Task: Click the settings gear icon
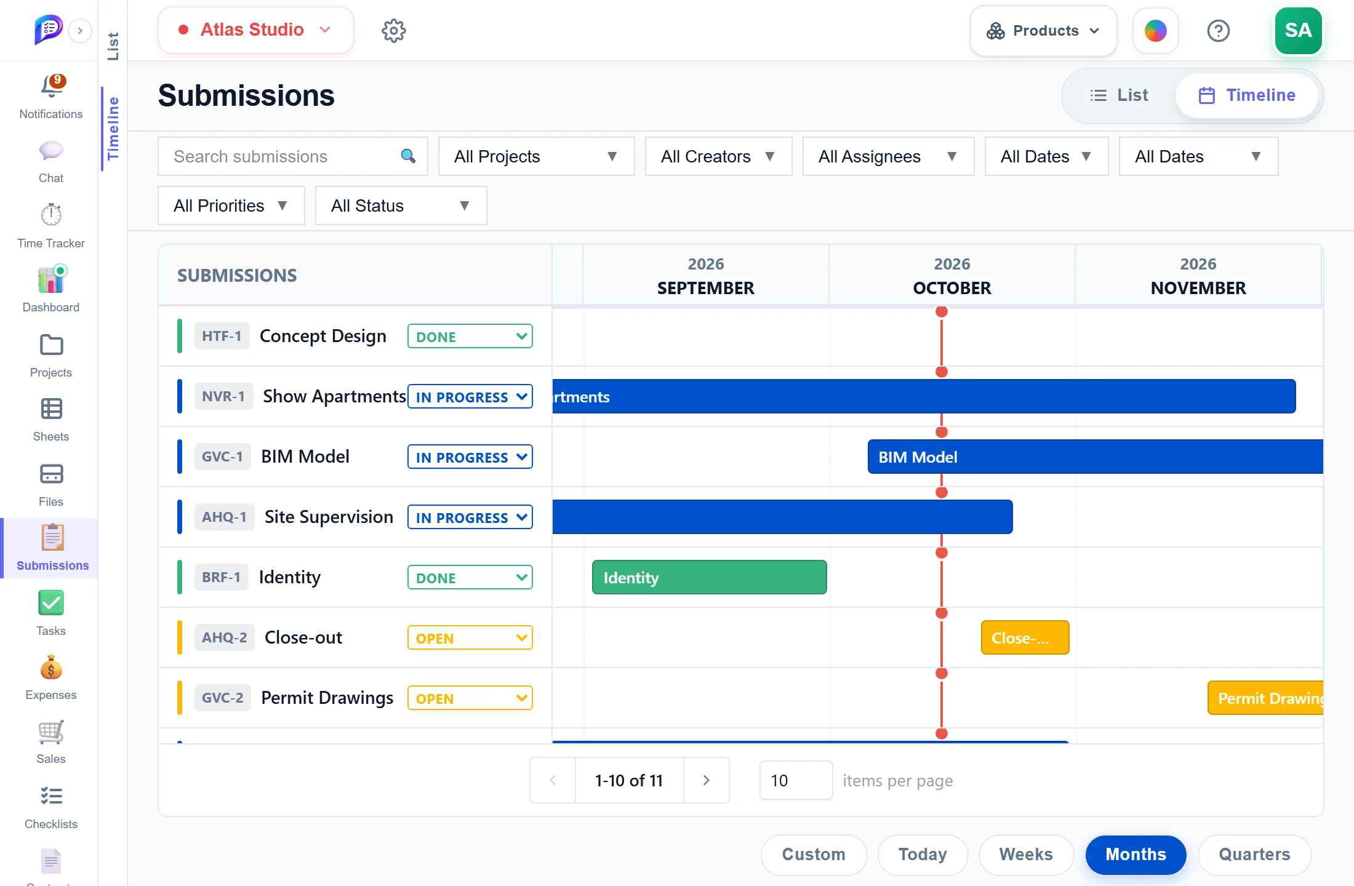pyautogui.click(x=394, y=30)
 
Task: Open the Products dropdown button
pyautogui.click(x=1043, y=31)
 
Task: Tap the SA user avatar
pyautogui.click(x=1298, y=30)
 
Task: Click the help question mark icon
pyautogui.click(x=1218, y=31)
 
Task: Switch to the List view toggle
pyautogui.click(x=1120, y=95)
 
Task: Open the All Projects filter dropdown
pyautogui.click(x=536, y=156)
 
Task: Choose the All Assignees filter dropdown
pyautogui.click(x=888, y=156)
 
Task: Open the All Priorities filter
pyautogui.click(x=231, y=206)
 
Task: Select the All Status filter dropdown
pyautogui.click(x=401, y=206)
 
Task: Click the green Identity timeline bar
pyautogui.click(x=709, y=577)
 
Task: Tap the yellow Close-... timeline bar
pyautogui.click(x=1025, y=637)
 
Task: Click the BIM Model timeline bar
pyautogui.click(x=1095, y=457)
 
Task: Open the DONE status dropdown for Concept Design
pyautogui.click(x=470, y=337)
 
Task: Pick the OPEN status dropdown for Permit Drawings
pyautogui.click(x=470, y=698)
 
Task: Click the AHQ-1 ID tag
pyautogui.click(x=224, y=517)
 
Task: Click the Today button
pyautogui.click(x=923, y=855)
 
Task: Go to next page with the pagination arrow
pyautogui.click(x=706, y=780)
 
